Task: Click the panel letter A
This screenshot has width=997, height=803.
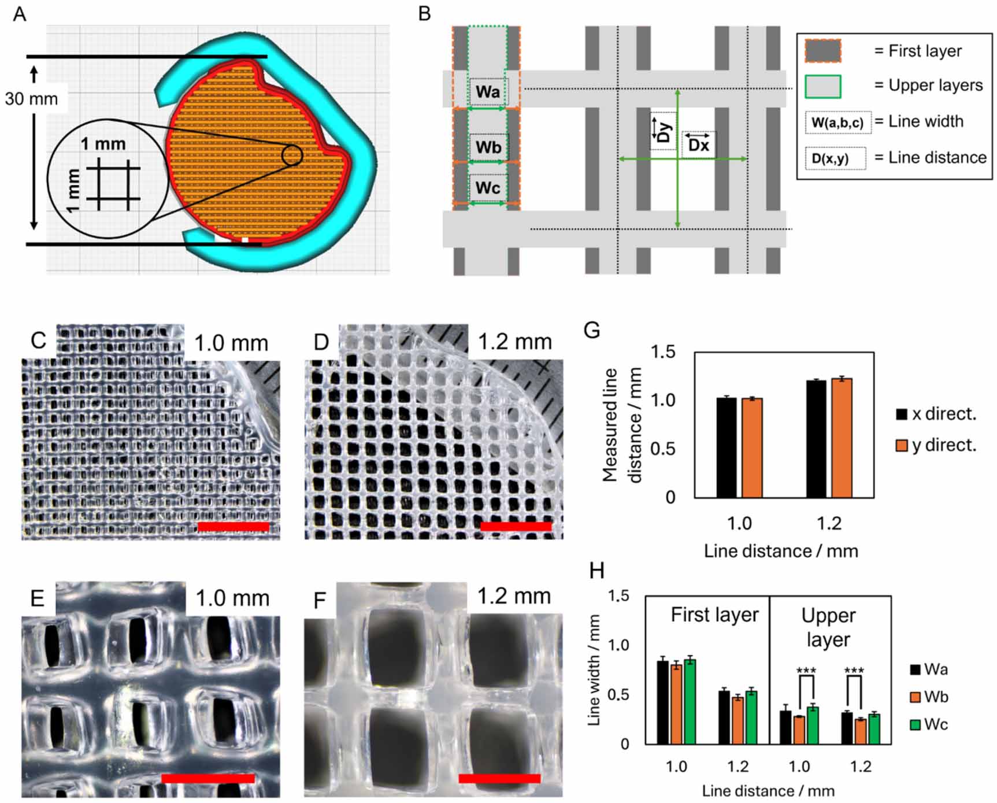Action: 19,13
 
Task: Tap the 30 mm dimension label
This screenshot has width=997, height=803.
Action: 32,98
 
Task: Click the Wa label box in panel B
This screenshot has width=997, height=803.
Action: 488,92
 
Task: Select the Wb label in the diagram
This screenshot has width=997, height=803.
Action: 488,147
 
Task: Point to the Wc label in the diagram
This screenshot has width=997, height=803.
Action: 488,188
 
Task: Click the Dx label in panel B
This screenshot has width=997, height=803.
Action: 698,145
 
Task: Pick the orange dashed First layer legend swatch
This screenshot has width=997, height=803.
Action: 822,51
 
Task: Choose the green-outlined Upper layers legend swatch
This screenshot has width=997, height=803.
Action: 822,86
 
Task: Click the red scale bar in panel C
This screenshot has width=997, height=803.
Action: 234,526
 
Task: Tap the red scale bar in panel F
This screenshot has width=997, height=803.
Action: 499,778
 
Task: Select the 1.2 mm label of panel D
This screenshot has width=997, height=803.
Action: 514,342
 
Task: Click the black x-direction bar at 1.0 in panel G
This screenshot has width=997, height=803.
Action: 727,447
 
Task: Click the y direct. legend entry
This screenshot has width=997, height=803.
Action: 936,445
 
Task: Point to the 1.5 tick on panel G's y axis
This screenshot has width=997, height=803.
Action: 664,351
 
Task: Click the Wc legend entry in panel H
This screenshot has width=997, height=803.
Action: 929,724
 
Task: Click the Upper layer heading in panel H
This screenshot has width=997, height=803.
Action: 828,627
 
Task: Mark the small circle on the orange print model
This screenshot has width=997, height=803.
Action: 292,155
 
